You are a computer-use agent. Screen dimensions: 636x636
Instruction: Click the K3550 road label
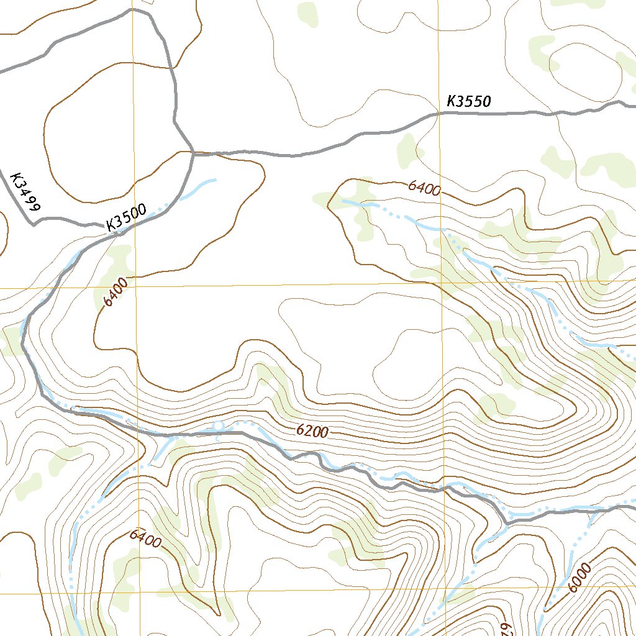click(469, 101)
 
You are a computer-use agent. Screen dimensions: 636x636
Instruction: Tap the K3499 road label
click(25, 192)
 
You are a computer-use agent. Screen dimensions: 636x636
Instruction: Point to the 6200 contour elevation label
click(312, 430)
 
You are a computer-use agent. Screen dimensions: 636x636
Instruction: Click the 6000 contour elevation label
click(578, 577)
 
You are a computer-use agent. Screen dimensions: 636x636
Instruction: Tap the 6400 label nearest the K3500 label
click(116, 292)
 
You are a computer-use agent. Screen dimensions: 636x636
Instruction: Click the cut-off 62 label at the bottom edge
click(504, 627)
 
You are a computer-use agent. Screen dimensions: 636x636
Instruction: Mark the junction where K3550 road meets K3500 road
click(193, 152)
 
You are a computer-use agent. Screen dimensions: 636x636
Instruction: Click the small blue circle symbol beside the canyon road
click(218, 425)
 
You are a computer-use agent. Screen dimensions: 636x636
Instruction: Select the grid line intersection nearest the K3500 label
click(134, 288)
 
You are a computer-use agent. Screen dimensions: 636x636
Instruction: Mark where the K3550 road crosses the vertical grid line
click(439, 114)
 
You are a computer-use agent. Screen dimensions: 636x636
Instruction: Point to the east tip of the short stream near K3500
click(216, 180)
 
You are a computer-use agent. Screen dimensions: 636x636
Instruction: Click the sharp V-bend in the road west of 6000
click(507, 523)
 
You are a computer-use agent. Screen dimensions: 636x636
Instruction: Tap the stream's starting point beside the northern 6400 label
click(342, 201)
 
